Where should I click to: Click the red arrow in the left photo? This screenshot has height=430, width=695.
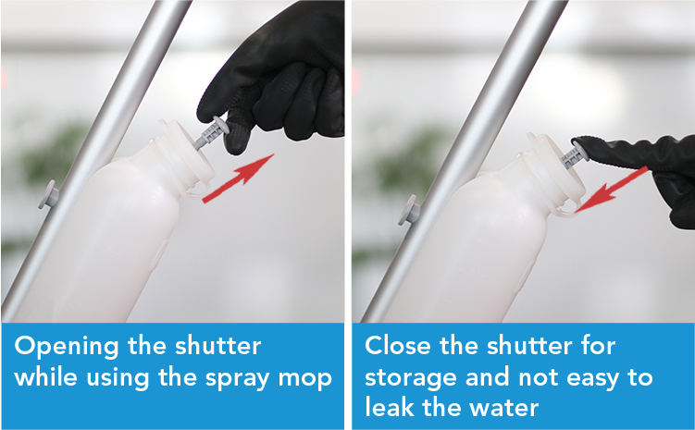238,178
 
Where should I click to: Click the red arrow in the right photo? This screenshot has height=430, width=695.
612,190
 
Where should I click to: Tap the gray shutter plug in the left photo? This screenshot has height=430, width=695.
211,132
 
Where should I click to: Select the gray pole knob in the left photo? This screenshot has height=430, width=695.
49,194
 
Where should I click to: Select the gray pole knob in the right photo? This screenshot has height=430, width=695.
409,210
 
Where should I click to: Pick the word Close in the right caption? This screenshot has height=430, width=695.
398,345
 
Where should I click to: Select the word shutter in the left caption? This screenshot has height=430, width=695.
217,346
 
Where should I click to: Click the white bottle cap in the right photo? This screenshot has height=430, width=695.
555,175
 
